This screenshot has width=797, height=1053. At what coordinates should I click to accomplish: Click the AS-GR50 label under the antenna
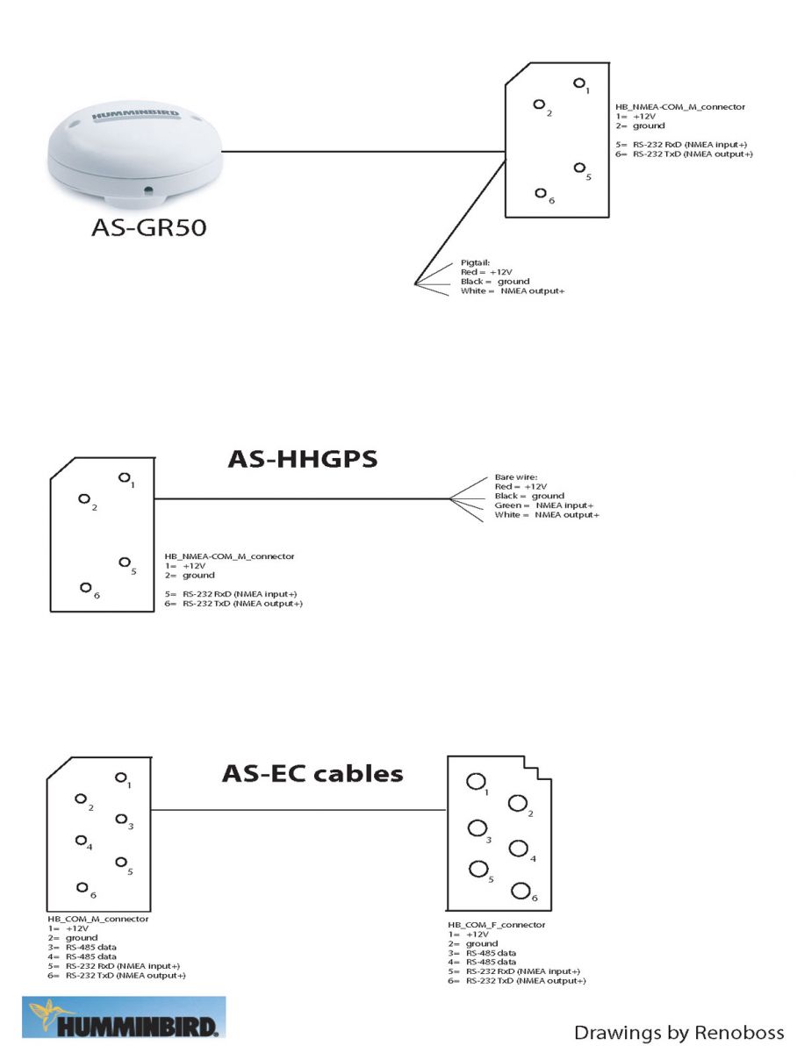pos(148,227)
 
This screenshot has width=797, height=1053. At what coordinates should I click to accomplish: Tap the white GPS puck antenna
pos(135,154)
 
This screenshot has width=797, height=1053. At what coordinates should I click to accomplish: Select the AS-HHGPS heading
pos(302,459)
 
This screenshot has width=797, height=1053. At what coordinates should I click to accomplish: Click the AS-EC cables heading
pos(312,773)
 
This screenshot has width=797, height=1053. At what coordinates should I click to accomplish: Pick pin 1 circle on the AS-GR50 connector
pos(578,83)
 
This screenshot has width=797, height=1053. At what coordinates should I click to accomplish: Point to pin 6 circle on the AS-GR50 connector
pos(541,193)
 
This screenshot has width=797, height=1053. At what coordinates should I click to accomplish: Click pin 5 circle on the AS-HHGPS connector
pos(125,562)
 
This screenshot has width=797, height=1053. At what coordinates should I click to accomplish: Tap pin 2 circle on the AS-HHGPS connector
pos(84,499)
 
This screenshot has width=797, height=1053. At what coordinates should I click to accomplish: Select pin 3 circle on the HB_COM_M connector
pos(121,819)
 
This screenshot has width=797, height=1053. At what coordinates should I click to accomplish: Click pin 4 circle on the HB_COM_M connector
pos(81,840)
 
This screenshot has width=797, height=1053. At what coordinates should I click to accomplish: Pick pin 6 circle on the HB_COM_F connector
pos(521,891)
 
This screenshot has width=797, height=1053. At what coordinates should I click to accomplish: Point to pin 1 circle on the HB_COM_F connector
pos(476,782)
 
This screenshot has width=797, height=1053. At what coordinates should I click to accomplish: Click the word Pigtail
pos(475,263)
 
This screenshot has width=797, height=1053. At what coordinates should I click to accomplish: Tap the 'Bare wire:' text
pos(516,477)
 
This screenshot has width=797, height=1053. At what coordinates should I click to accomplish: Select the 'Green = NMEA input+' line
pos(543,505)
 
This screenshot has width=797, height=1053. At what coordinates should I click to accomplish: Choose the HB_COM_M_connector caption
pos(98,919)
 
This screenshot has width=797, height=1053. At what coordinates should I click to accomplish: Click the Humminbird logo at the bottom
pos(124,1016)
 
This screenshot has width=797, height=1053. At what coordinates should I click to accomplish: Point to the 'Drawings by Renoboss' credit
pos(679,1032)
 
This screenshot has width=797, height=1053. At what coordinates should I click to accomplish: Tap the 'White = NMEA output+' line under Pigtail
pos(512,290)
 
